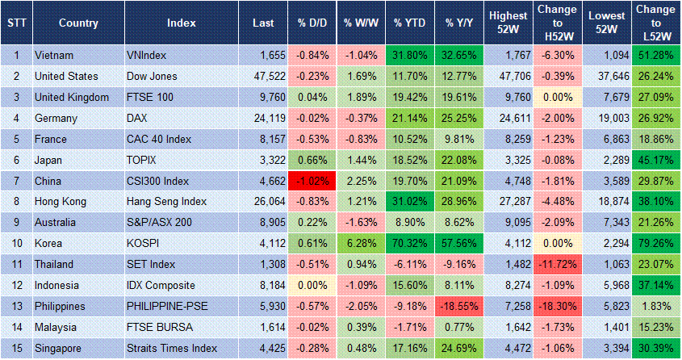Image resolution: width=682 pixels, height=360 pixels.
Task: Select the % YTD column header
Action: point(409,23)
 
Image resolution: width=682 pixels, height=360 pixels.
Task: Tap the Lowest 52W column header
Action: point(606,23)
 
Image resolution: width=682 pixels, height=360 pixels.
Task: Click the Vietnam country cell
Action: point(56,55)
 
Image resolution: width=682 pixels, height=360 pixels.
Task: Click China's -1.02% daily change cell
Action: point(312,181)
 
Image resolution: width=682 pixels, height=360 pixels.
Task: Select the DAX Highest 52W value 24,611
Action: point(508,118)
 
